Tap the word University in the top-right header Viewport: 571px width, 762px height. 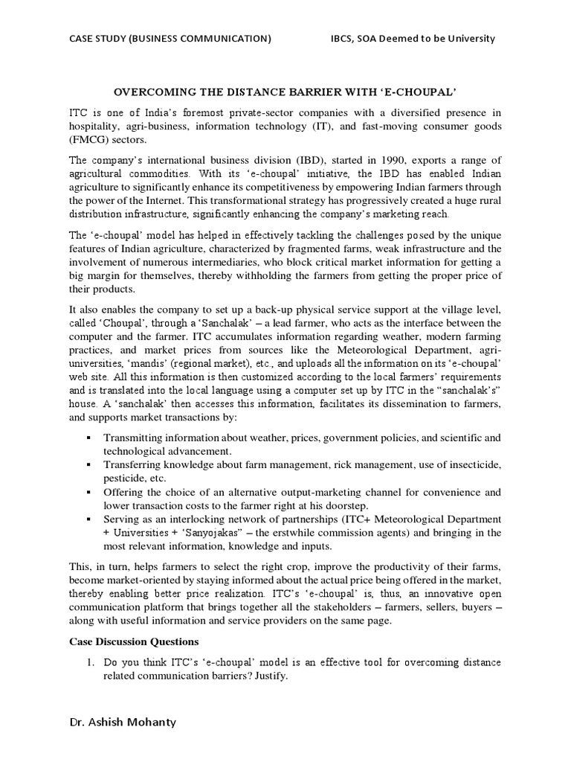pyautogui.click(x=467, y=38)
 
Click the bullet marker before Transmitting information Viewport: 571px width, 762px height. pyautogui.click(x=88, y=437)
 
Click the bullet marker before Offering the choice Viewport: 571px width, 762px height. pyautogui.click(x=88, y=492)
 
